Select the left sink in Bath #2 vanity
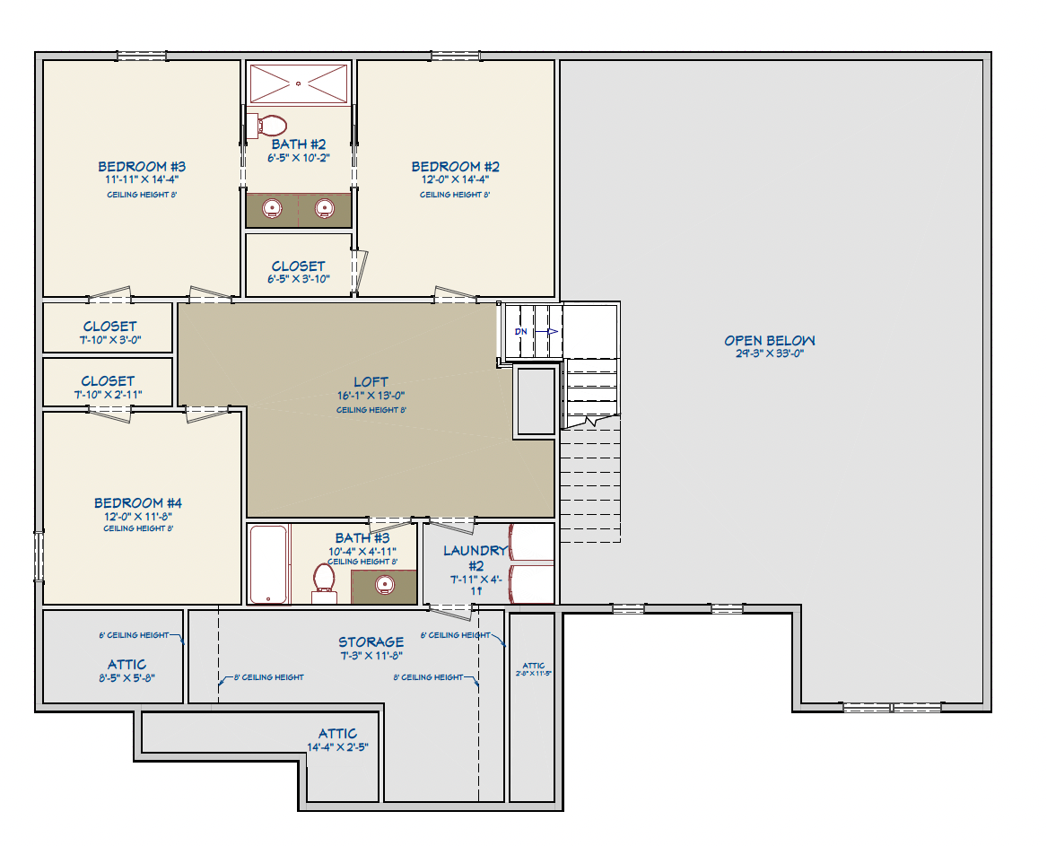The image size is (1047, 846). click(x=272, y=209)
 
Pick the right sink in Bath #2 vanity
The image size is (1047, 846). click(x=325, y=209)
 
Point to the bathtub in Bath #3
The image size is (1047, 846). click(x=268, y=564)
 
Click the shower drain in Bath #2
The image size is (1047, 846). click(x=299, y=83)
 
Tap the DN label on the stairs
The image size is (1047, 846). click(x=521, y=331)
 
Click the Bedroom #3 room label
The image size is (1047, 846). click(x=142, y=167)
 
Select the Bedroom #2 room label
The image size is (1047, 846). click(x=455, y=167)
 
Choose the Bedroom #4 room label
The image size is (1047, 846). click(x=138, y=503)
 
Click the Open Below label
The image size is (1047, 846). click(x=770, y=341)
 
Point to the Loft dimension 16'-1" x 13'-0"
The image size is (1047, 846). click(x=370, y=397)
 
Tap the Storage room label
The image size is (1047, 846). click(x=371, y=642)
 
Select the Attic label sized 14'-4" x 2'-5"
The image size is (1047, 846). click(x=337, y=734)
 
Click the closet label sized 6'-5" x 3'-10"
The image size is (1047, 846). click(x=299, y=266)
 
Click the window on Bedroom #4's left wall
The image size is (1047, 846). click(x=39, y=555)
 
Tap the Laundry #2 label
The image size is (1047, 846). click(x=476, y=551)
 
